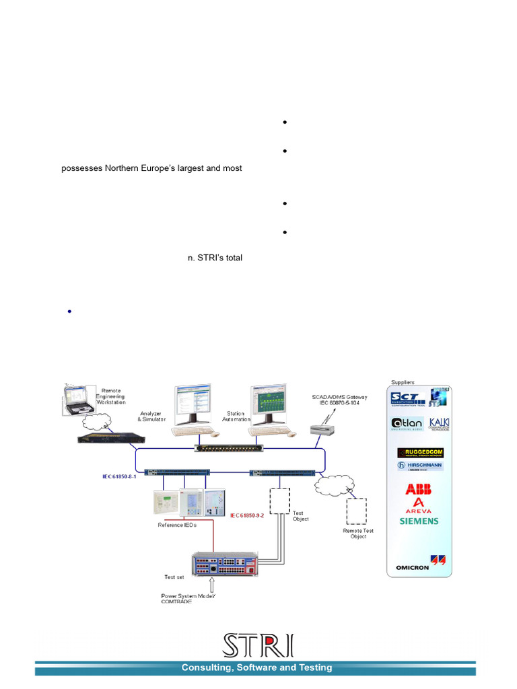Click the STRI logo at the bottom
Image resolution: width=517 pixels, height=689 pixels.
258,645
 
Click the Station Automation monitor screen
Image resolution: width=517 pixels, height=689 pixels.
269,404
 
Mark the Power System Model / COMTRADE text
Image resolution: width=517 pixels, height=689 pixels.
188,598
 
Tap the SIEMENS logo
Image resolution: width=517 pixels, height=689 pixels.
419,521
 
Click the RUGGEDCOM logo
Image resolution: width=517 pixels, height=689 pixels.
419,452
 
